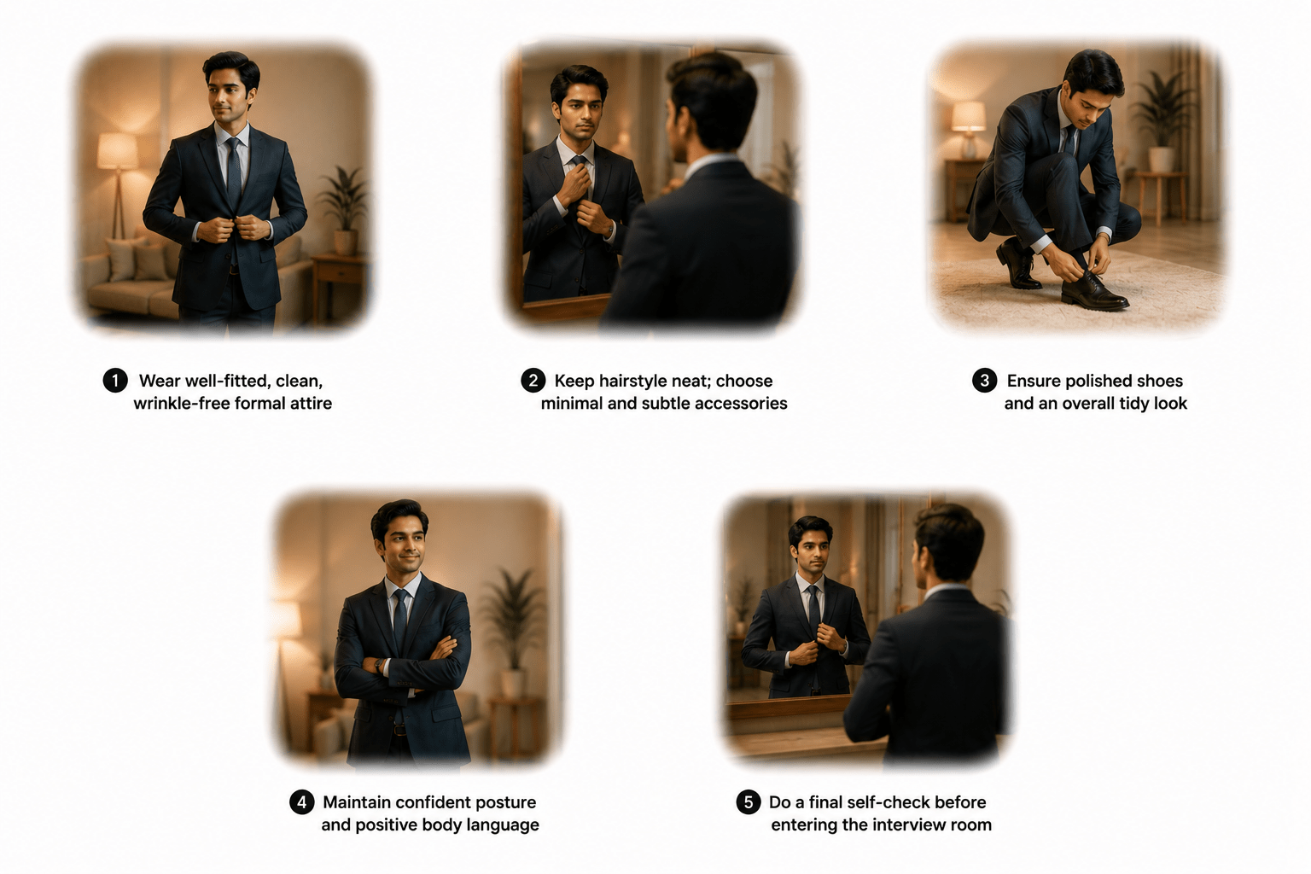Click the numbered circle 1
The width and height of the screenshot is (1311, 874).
(115, 381)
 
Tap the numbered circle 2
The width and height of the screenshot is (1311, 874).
(533, 381)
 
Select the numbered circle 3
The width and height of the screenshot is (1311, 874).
(984, 381)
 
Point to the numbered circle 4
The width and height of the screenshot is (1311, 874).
(302, 802)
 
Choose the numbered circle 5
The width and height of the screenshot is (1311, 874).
(749, 802)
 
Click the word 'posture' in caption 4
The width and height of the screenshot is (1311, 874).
(507, 802)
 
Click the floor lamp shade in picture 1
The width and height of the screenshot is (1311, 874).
(118, 151)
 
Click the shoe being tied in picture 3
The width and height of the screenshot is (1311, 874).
(1093, 290)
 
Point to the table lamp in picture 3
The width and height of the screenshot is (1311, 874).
(969, 130)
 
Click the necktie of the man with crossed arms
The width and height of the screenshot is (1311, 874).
(400, 623)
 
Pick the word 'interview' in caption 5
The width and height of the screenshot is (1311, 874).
(910, 824)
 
